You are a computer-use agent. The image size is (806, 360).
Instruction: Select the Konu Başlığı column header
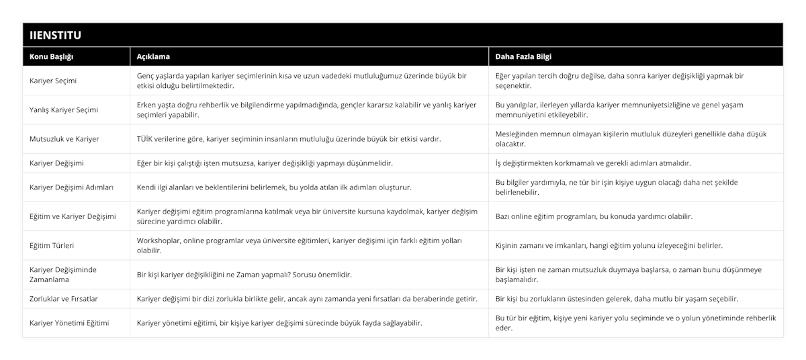tap(52, 56)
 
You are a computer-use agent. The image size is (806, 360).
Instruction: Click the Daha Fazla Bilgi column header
tap(524, 56)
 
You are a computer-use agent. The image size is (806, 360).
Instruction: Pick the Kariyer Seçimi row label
tap(53, 81)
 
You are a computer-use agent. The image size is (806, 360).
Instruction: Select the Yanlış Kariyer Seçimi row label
tap(64, 109)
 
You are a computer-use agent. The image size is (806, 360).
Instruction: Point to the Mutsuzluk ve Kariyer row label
tap(64, 139)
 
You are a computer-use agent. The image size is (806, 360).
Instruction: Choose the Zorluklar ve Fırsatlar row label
tap(64, 298)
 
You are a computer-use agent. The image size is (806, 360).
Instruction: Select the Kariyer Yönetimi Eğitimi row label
tap(70, 323)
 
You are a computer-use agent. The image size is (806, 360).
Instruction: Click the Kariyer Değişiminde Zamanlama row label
tap(63, 274)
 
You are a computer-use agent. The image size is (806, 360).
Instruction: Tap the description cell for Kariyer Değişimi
tap(265, 163)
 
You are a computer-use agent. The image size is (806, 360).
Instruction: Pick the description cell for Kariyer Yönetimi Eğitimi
tap(279, 323)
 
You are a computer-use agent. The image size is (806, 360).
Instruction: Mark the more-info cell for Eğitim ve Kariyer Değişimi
tap(594, 216)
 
